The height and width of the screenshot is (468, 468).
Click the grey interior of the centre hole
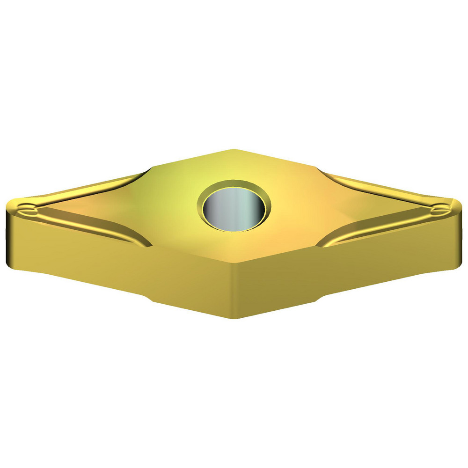(234, 209)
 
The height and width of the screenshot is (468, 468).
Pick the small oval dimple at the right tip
(440, 209)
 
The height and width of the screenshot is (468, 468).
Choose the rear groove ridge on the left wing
(94, 187)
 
